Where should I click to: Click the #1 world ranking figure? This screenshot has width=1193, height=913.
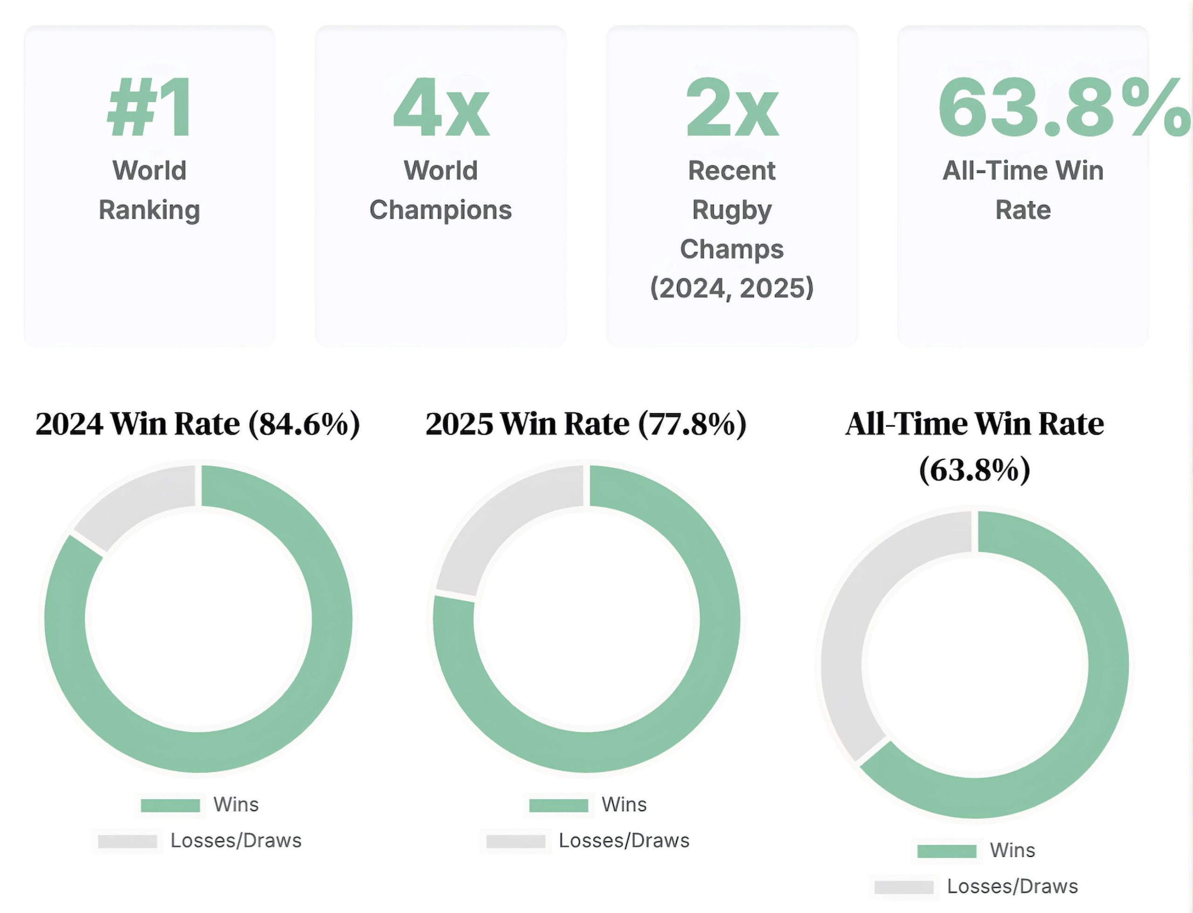tap(150, 108)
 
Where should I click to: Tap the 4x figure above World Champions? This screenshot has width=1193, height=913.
tap(441, 108)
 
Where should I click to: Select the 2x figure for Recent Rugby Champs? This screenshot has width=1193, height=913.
tap(732, 108)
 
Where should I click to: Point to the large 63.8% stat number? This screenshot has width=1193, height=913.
tap(1062, 108)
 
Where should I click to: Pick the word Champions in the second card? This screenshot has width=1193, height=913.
tap(440, 210)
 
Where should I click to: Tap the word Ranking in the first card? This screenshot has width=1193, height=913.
tap(150, 210)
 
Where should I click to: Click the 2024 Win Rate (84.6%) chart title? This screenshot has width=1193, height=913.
tap(198, 424)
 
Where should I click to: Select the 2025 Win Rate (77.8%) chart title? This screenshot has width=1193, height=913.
tap(586, 424)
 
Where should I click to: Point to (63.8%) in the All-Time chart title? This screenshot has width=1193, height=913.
tap(974, 469)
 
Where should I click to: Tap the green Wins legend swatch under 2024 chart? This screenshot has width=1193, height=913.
tap(170, 805)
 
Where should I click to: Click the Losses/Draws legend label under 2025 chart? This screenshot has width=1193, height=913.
tap(624, 841)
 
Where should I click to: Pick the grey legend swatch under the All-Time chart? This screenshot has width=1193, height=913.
tap(904, 887)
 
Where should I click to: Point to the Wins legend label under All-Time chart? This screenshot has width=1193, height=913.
tap(1012, 851)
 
